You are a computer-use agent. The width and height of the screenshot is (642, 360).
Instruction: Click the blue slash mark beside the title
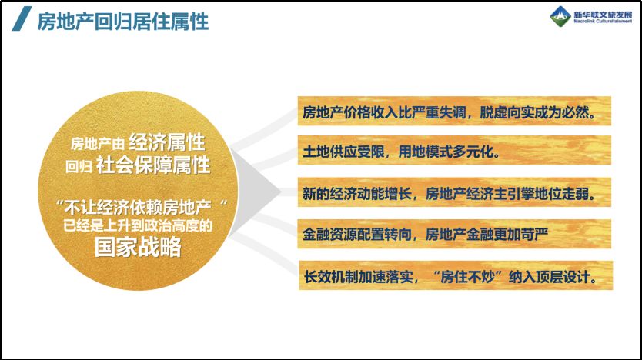tap(22, 18)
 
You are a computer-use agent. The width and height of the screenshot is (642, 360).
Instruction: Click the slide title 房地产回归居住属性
tap(123, 22)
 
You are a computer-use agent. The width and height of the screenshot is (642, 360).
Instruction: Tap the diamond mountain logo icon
tap(560, 17)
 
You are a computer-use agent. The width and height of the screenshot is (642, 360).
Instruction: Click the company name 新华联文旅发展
tap(603, 15)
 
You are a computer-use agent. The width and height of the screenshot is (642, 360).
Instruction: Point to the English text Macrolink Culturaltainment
tap(603, 21)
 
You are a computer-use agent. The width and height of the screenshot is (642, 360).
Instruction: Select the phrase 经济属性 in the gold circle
tap(166, 142)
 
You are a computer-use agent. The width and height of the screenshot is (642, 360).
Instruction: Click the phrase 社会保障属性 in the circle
tap(153, 165)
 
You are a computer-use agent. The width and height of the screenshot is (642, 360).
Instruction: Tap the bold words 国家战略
tap(138, 247)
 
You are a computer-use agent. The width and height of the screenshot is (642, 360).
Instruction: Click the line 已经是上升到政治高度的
tap(138, 225)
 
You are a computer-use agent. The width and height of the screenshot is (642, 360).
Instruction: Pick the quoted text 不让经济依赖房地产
tap(138, 208)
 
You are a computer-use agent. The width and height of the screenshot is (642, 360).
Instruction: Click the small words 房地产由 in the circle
tap(98, 144)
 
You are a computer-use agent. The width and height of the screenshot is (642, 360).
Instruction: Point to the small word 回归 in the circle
tap(79, 166)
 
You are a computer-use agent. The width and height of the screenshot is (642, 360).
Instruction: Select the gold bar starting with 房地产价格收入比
tap(454, 111)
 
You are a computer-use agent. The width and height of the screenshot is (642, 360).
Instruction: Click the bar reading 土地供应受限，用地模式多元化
tap(454, 150)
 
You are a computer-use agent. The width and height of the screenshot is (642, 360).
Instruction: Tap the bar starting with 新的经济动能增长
tap(454, 192)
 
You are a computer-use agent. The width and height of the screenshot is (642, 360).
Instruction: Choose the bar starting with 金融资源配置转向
tap(454, 234)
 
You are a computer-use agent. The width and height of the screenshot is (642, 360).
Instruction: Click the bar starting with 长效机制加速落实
tap(456, 275)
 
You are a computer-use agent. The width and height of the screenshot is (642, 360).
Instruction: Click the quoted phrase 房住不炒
tap(467, 278)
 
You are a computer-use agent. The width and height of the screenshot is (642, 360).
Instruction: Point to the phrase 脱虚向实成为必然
tap(537, 112)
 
